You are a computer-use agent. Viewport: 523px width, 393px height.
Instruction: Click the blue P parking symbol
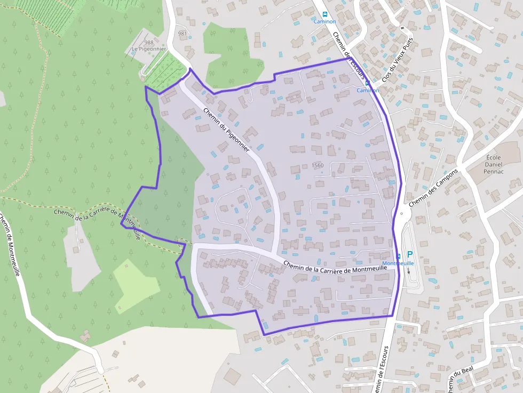tap(410, 255)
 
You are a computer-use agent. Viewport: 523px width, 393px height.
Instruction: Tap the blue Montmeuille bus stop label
tap(398, 263)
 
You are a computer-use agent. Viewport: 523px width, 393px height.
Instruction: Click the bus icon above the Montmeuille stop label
tap(399, 256)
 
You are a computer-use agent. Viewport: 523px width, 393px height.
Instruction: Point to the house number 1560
tap(318, 165)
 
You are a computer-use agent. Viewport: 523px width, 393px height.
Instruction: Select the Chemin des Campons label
tap(434, 188)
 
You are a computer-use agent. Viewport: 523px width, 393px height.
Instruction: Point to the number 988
tap(148, 43)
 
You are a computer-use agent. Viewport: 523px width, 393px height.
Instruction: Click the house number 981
tap(183, 34)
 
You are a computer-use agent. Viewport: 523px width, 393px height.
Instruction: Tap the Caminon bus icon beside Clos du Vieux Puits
tap(367, 83)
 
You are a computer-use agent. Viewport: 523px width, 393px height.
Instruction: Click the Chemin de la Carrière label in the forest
tap(97, 220)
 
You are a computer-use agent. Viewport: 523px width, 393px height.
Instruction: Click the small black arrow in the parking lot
tap(409, 270)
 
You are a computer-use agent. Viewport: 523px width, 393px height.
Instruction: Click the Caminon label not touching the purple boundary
tap(324, 22)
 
